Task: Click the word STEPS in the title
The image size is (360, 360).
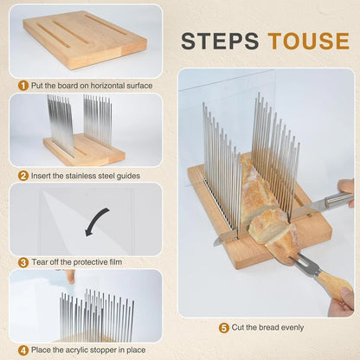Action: [x=222, y=41]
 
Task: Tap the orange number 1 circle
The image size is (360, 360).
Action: [x=23, y=85]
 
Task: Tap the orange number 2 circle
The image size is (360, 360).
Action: [x=23, y=174]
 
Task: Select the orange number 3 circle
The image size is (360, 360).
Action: [x=23, y=262]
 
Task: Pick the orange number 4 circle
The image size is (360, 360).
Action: [x=23, y=350]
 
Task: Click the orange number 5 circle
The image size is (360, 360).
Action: [x=224, y=328]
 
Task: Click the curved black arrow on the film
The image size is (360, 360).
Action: [x=95, y=220]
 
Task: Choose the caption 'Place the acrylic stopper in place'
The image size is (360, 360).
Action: [x=91, y=350]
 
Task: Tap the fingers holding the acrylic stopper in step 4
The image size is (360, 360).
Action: [x=67, y=277]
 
